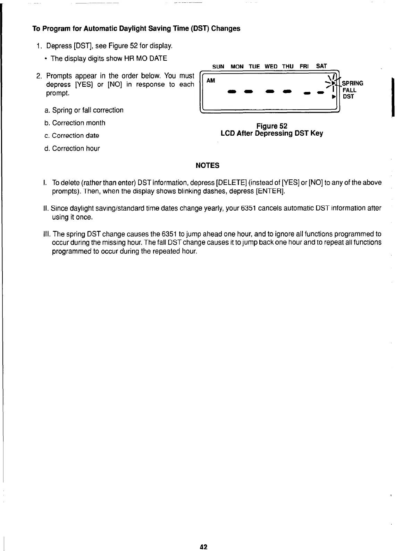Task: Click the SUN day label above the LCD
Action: tap(218, 66)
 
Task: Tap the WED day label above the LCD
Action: tap(271, 66)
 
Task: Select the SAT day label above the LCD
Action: tap(321, 66)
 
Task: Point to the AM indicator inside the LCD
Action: tap(211, 80)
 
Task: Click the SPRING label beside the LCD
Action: tap(353, 83)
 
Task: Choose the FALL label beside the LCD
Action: tap(350, 90)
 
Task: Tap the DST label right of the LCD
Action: tap(348, 97)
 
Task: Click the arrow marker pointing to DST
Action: tap(334, 98)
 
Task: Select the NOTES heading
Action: tap(208, 166)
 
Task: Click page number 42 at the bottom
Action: tap(203, 547)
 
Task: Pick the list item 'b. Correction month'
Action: tap(75, 123)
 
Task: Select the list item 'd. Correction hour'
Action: tap(72, 149)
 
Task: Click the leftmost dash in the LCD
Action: tap(231, 92)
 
